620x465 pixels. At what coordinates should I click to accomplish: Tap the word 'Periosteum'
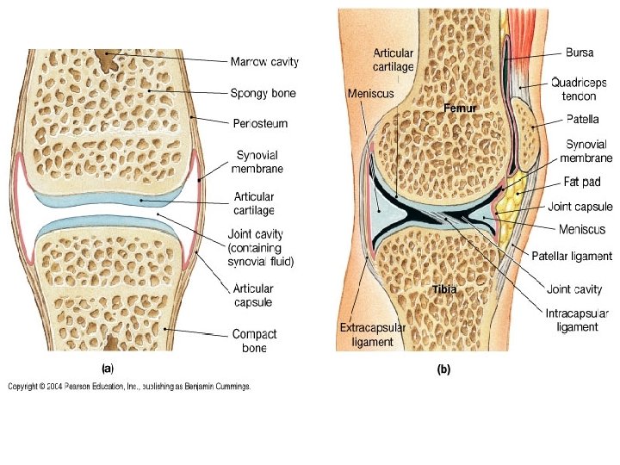coord(259,124)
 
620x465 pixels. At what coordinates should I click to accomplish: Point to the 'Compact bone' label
coord(254,341)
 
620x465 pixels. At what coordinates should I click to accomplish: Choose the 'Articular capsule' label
coord(254,295)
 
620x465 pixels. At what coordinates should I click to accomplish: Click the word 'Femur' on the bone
coord(460,108)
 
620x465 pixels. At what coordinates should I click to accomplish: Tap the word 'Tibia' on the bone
coord(443,289)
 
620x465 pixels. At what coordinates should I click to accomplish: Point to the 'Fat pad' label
coord(583,183)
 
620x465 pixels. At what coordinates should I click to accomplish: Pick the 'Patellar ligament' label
coord(572,256)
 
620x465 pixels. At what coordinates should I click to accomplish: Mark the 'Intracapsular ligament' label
coord(578,319)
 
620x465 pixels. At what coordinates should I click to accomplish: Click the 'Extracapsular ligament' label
coord(366,335)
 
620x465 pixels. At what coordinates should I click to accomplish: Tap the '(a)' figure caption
coord(108,368)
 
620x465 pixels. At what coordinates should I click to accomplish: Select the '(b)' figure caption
coord(443,370)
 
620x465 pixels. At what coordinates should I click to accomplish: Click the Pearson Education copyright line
coord(130,387)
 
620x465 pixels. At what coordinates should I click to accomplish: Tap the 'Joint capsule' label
coord(580,208)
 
